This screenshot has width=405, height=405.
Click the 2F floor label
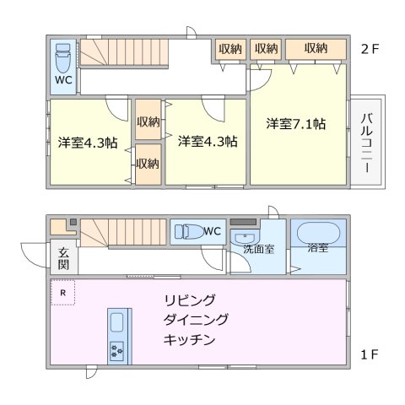370,48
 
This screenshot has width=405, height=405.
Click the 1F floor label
370,354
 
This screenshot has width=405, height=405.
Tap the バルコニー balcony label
366,143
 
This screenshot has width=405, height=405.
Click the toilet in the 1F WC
186,229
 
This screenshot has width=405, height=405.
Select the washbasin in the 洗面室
245,235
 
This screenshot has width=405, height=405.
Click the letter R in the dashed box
61,293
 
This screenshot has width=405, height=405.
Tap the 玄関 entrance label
64,257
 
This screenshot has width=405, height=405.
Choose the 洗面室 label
258,250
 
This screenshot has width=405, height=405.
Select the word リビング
190,300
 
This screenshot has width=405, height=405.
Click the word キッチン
190,340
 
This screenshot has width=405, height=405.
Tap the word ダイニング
196,321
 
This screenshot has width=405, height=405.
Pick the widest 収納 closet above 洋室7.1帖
316,49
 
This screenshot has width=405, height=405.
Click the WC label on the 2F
64,82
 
